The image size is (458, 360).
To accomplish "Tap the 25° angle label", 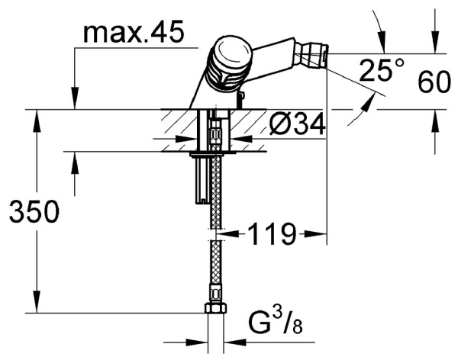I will [x=381, y=72].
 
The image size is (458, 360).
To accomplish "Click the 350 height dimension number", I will [x=34, y=213].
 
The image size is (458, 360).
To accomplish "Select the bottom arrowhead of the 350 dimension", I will [x=35, y=305].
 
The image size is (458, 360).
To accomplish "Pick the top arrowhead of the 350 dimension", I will [x=35, y=117].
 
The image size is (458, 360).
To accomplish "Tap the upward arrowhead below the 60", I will [x=436, y=117].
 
